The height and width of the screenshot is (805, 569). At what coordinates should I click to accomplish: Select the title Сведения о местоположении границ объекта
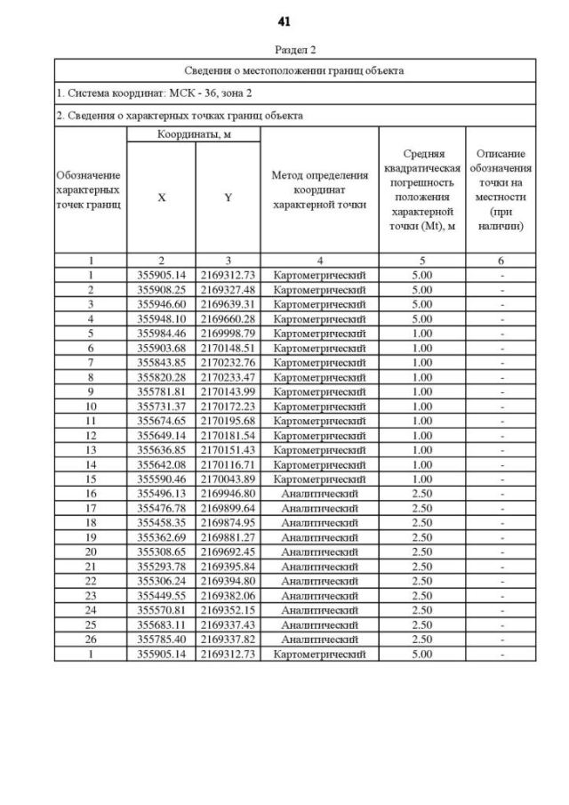(294, 70)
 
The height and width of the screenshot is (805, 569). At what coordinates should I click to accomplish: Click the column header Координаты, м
(193, 133)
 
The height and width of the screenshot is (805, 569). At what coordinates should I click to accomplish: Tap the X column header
(161, 198)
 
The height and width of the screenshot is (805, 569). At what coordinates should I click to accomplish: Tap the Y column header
(228, 198)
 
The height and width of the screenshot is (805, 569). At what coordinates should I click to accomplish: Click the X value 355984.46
(161, 334)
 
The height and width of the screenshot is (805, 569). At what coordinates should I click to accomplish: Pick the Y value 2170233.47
(228, 377)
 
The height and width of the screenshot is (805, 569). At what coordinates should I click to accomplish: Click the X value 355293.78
(161, 567)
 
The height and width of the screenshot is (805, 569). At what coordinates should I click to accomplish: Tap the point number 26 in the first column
(90, 640)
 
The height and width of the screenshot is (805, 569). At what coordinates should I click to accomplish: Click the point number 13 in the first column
(90, 450)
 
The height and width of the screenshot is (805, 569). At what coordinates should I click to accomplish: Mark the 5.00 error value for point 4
(422, 318)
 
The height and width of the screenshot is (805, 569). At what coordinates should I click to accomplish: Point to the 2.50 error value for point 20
(422, 552)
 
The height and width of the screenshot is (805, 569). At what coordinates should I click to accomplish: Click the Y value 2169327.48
(228, 290)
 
